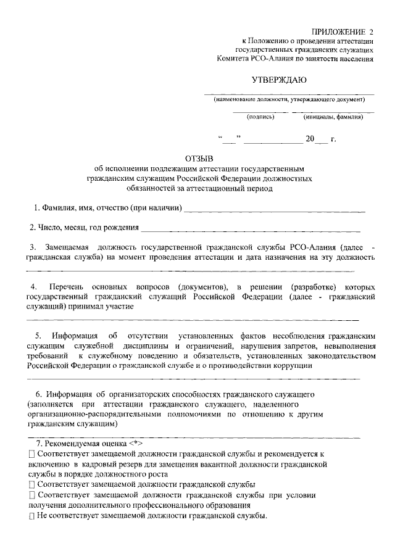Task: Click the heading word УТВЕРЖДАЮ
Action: (x=279, y=80)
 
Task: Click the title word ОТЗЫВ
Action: (x=197, y=158)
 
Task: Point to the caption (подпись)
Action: (x=260, y=116)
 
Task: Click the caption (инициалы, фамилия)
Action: (x=333, y=116)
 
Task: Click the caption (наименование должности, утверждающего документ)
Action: (x=289, y=100)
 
